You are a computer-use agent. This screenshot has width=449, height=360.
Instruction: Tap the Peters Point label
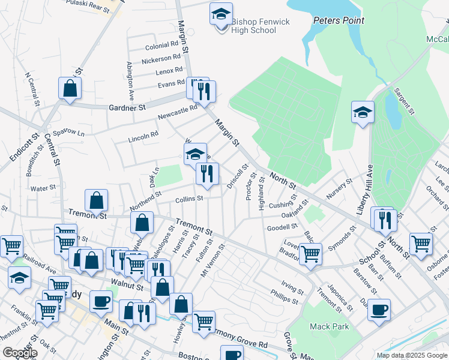339,20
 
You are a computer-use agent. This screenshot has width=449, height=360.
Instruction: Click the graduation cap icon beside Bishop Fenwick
221,14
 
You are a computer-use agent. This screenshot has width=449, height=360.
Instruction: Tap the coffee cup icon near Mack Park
379,310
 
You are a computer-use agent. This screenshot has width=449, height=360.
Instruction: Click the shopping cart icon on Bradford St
310,254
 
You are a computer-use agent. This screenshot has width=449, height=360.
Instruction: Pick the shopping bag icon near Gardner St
70,88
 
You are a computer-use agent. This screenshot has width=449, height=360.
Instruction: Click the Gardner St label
127,108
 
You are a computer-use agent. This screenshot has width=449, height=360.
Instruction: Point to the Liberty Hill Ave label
364,190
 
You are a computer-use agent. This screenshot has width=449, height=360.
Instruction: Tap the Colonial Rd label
162,45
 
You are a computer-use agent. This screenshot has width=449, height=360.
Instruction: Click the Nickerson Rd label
161,58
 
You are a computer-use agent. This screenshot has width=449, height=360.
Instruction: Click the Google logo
20,353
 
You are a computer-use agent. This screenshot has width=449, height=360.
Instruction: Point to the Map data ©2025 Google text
411,355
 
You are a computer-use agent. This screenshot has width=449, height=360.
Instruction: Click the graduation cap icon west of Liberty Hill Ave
363,113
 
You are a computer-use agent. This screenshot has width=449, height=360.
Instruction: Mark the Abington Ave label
129,81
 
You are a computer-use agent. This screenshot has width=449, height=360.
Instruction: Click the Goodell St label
282,227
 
